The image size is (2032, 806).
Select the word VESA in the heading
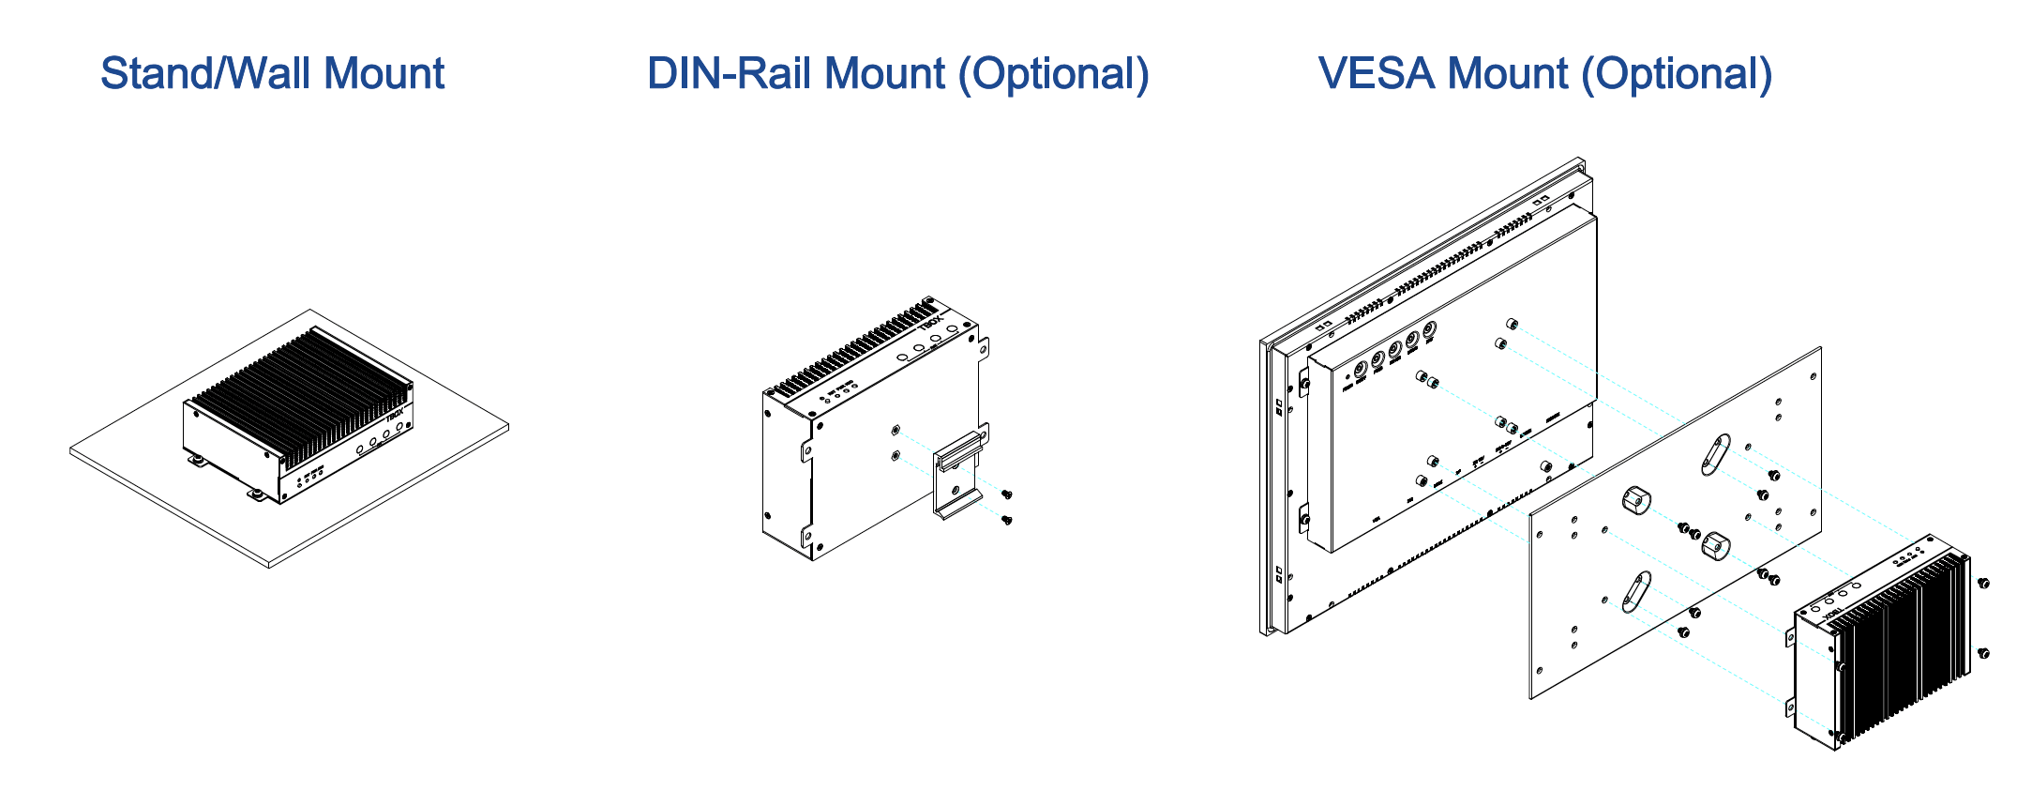point(1377,74)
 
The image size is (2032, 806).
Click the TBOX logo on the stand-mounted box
point(395,413)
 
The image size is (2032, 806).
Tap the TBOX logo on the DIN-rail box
point(929,321)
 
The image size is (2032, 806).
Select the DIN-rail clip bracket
point(958,473)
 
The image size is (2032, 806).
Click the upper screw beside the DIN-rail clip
point(1007,494)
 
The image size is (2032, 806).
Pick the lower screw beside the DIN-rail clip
point(1007,519)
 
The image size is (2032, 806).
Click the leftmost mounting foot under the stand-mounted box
point(197,460)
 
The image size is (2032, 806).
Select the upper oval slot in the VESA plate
point(1715,455)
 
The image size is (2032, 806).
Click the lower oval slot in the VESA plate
point(1636,592)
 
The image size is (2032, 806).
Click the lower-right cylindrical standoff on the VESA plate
point(1715,546)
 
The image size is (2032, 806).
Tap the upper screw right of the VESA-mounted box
point(1983,584)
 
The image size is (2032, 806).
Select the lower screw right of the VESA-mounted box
point(1983,653)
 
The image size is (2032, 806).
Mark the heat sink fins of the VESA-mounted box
point(1904,647)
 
